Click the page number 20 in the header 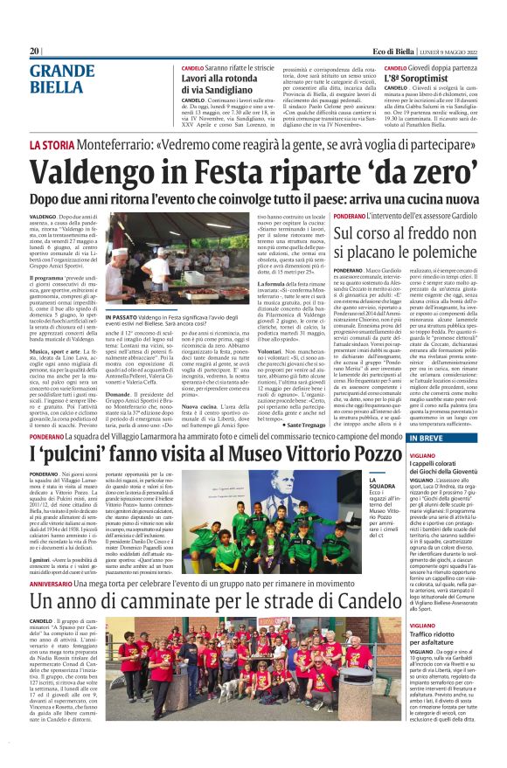(35, 51)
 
